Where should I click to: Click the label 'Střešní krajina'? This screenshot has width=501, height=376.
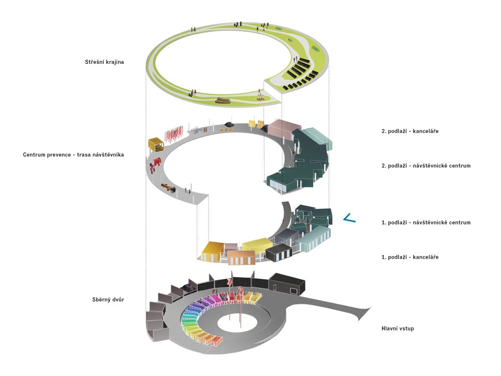(104, 62)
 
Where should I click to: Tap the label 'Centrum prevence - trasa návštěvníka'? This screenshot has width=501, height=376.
(73, 155)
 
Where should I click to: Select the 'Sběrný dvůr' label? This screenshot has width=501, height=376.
(108, 300)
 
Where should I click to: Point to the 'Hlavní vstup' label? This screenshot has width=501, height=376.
(397, 328)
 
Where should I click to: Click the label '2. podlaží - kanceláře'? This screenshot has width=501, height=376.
(410, 131)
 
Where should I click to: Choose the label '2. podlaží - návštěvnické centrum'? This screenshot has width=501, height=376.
(426, 165)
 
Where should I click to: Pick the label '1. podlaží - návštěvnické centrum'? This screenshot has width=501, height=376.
(426, 223)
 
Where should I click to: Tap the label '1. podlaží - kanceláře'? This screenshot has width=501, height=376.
(410, 257)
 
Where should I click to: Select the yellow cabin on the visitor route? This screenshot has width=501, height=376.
(156, 144)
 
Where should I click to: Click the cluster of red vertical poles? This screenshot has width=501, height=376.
(174, 134)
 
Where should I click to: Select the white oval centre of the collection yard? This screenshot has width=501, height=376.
(237, 323)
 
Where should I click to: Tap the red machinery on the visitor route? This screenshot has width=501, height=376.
(155, 163)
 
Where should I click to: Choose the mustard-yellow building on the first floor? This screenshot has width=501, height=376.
(212, 251)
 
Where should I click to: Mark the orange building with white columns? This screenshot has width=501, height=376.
(242, 258)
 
